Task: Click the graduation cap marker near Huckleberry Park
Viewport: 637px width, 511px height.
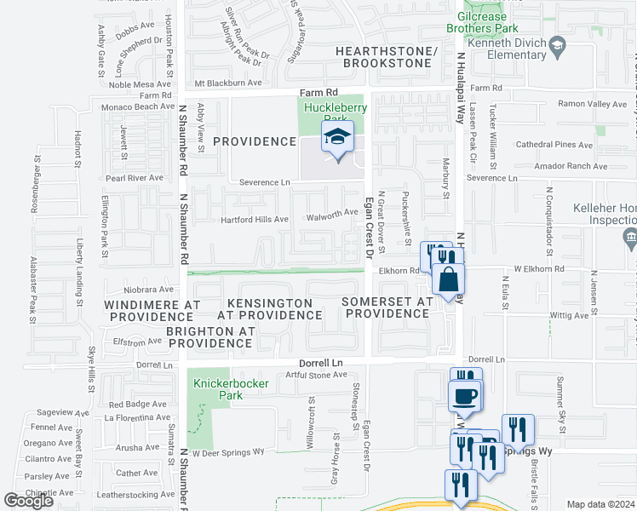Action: point(337,137)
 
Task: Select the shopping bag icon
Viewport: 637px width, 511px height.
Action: point(448,279)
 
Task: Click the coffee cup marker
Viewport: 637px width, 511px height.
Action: point(465,397)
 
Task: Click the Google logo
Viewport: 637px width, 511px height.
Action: point(29,501)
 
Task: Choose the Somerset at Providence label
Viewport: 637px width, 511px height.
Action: point(387,307)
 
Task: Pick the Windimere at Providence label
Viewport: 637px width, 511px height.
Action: point(152,310)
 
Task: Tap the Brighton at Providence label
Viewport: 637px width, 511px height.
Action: point(209,337)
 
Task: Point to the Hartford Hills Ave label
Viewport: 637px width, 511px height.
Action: point(255,219)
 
